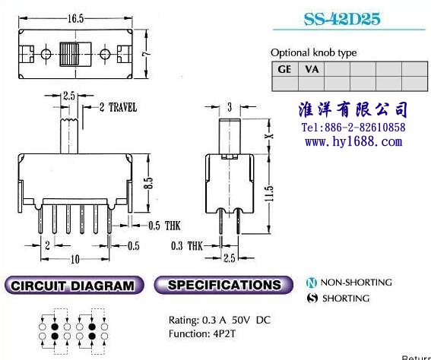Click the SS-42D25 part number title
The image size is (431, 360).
(x=342, y=19)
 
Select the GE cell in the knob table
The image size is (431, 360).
(x=285, y=69)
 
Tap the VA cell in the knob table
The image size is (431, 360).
(x=312, y=69)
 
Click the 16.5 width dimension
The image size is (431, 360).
(x=75, y=19)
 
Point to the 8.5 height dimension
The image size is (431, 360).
(x=148, y=182)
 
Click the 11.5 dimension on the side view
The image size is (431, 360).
(x=269, y=194)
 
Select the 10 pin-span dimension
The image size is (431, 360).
(x=75, y=259)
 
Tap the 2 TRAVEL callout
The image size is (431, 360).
(x=118, y=107)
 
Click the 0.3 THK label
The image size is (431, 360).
(x=187, y=245)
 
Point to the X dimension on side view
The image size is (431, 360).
(x=270, y=136)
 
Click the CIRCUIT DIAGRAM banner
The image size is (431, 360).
(x=74, y=286)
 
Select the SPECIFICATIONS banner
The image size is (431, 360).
(x=223, y=285)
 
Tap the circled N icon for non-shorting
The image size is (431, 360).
(x=312, y=283)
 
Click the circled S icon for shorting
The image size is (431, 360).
(x=312, y=298)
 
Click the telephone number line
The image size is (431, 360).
(x=353, y=128)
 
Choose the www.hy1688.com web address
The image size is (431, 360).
(x=353, y=142)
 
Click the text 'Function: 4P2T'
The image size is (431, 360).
(x=202, y=334)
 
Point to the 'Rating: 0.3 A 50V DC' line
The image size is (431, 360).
(x=220, y=320)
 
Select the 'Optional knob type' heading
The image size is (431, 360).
(x=314, y=52)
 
